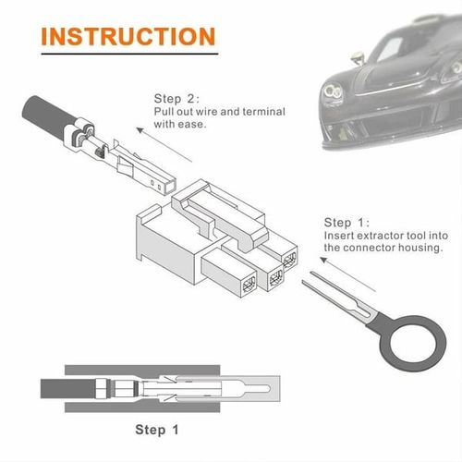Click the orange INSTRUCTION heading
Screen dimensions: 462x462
[128, 36]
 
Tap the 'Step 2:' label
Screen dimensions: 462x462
[176, 97]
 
